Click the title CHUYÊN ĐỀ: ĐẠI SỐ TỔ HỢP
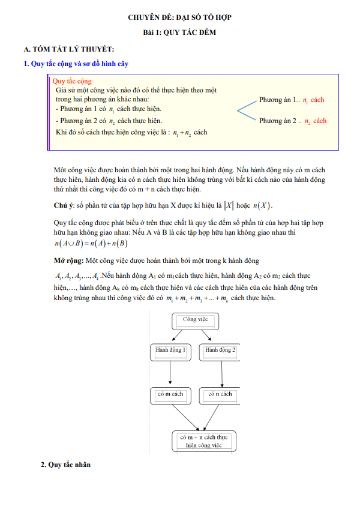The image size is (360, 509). [180, 17]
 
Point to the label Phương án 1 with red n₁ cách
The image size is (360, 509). [292, 100]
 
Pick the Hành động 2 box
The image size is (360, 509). [220, 350]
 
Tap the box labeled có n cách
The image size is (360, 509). [220, 394]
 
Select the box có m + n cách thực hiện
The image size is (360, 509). [204, 441]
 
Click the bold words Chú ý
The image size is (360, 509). [64, 206]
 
